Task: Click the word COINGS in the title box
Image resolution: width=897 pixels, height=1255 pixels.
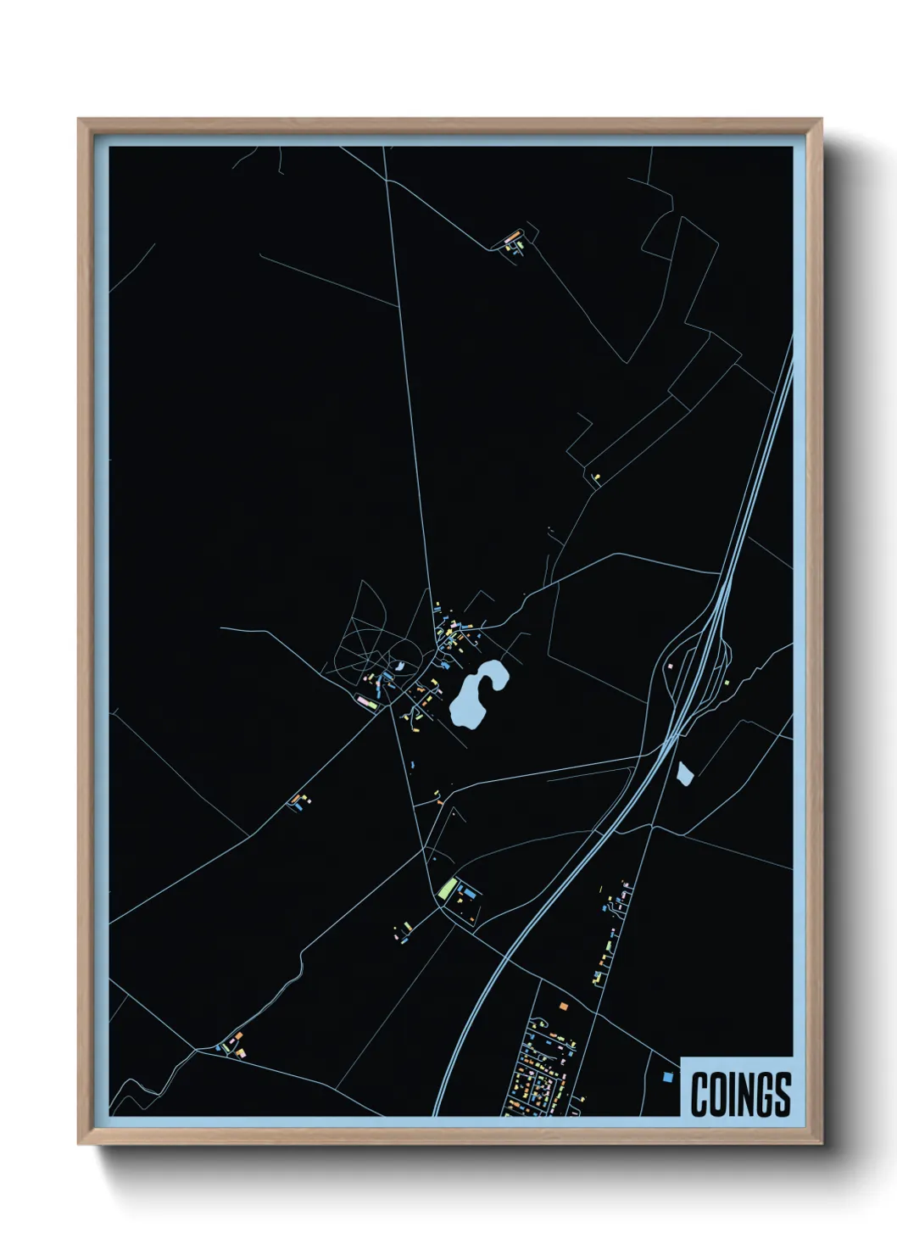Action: (740, 1094)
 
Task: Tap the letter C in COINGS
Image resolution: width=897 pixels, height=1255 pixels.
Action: (700, 1094)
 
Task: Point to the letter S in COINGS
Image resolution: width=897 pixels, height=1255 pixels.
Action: (781, 1094)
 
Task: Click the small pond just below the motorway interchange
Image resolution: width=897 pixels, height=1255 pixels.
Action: (684, 773)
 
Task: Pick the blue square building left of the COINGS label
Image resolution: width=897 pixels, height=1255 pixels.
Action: (667, 1076)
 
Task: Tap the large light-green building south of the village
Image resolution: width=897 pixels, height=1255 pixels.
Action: (447, 890)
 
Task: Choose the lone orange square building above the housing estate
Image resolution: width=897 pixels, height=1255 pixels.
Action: (561, 1005)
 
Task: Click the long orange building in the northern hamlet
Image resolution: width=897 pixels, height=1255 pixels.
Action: (512, 237)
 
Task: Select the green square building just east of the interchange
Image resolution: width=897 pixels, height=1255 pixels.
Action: (726, 682)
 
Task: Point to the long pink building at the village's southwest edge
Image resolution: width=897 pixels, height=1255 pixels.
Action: (367, 701)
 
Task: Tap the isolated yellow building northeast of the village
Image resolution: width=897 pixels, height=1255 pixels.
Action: (596, 477)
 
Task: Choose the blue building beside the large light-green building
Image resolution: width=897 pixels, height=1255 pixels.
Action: (467, 893)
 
